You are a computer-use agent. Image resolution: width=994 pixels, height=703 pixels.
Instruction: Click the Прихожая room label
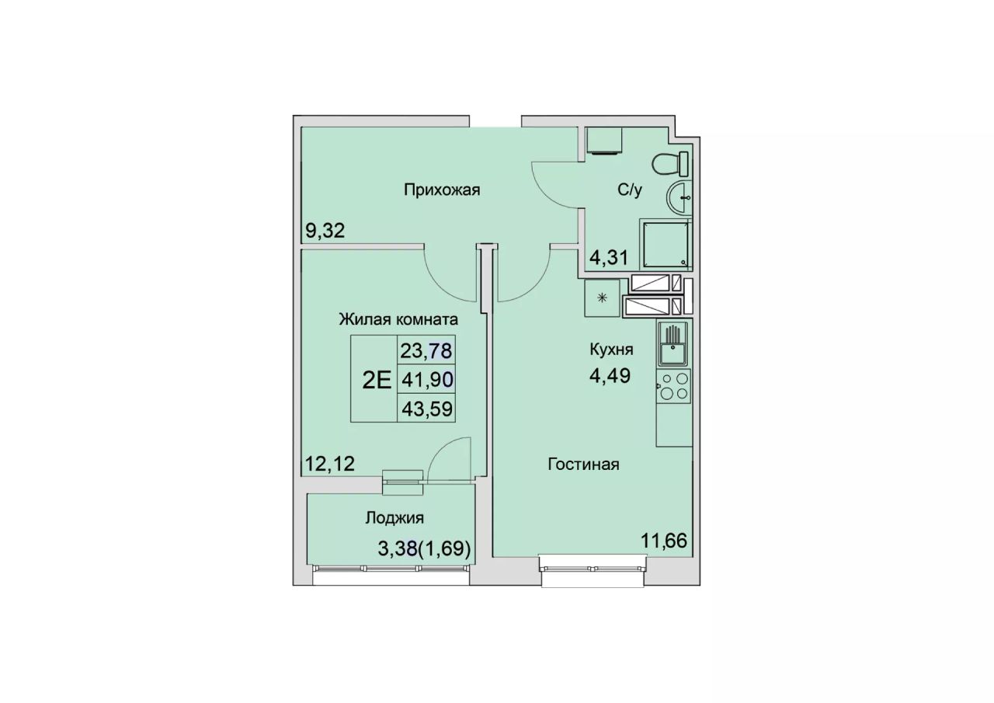click(x=442, y=190)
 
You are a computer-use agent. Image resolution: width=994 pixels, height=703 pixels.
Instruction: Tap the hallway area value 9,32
click(x=325, y=231)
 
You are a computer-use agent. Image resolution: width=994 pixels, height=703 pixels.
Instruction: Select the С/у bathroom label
click(x=630, y=190)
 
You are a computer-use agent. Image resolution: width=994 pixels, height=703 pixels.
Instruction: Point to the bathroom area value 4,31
click(x=608, y=257)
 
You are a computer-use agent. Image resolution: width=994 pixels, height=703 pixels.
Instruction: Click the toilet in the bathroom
click(x=670, y=163)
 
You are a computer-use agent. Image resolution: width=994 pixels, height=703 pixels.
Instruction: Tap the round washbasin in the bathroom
click(x=679, y=198)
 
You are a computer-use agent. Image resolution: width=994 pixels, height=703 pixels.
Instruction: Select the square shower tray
click(x=666, y=245)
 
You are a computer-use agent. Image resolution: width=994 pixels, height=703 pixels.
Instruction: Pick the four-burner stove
click(x=673, y=386)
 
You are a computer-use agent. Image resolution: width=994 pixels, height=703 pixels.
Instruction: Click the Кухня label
click(x=611, y=350)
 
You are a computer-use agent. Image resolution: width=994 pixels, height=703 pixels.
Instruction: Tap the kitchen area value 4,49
click(x=610, y=376)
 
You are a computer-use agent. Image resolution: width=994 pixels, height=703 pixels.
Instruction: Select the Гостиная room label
click(x=583, y=465)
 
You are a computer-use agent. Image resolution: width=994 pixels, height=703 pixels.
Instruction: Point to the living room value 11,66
click(x=664, y=541)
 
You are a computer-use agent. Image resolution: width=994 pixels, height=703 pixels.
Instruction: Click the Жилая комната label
click(x=398, y=319)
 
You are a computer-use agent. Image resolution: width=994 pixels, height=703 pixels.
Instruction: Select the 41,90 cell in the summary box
click(x=427, y=379)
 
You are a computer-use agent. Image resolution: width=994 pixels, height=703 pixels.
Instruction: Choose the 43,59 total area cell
click(x=427, y=408)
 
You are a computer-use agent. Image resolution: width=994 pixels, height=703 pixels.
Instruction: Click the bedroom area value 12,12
click(x=330, y=465)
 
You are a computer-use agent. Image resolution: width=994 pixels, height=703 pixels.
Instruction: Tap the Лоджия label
click(x=394, y=518)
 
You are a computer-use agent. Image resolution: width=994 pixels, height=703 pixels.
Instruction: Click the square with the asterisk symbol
click(x=602, y=298)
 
